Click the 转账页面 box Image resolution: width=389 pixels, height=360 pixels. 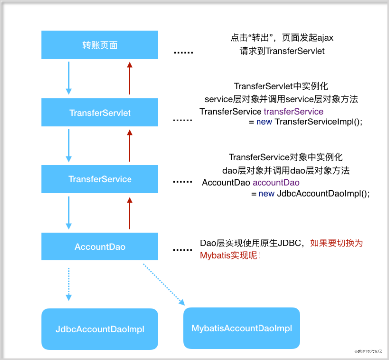coord(100,45)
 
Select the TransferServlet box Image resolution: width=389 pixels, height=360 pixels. coord(100,113)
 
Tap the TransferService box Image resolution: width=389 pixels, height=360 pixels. coord(100,179)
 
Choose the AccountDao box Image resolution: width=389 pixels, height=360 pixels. coord(100,247)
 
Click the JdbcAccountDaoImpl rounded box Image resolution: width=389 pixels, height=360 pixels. coord(100,329)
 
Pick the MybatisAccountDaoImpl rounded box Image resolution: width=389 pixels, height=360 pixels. coord(242,328)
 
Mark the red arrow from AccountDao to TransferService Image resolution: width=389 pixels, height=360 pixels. coord(130,213)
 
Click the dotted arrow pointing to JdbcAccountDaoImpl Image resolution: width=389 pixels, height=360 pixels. coord(69,284)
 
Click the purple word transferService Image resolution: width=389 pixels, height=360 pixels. coord(293,111)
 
